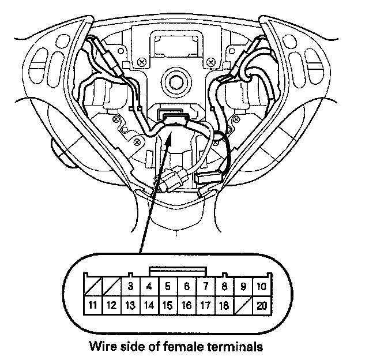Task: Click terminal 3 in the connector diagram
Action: coord(130,286)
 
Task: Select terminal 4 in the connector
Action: coord(149,286)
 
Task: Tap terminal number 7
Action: coord(205,286)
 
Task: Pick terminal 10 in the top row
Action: coord(261,286)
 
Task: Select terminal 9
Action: coord(243,286)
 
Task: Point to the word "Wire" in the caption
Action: coord(101,347)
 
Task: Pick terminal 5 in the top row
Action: coord(168,286)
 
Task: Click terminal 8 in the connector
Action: coord(224,286)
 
